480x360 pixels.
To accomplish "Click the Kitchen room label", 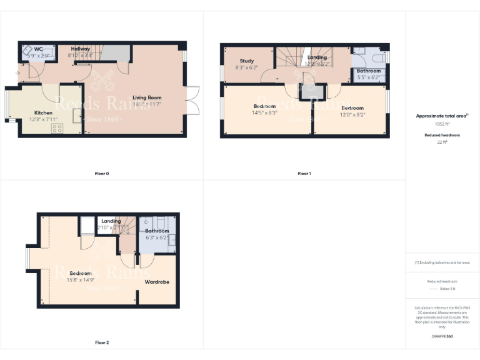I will pos(43,112).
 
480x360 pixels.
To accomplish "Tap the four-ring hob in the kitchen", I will pos(57,128).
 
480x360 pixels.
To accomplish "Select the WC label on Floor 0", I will pos(39,49).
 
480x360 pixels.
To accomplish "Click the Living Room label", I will pos(147,97).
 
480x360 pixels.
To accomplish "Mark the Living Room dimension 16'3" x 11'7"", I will pos(147,104).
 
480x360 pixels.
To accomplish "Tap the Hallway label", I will pos(81,49).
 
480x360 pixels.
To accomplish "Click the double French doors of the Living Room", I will pos(194,100).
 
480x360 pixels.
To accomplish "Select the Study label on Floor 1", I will pos(246,61).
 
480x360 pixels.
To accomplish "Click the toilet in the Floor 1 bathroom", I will pos(375,59).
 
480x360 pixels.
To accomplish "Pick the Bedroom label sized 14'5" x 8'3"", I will pos(265,106).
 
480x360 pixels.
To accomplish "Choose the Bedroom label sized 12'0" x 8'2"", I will pos(352,108).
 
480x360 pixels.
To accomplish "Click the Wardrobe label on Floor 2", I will pos(157,282).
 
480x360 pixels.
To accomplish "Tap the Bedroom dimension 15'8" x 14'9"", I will pos(81,280).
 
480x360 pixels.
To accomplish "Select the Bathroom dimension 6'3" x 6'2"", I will pos(157,237).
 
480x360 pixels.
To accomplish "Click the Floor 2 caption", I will pos(101,342).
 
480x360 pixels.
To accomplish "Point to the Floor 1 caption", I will pos(304,173).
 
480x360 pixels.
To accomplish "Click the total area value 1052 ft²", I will pos(442,124).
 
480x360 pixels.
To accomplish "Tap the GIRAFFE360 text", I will pos(442,337).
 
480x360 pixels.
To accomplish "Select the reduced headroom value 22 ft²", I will pos(442,142).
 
